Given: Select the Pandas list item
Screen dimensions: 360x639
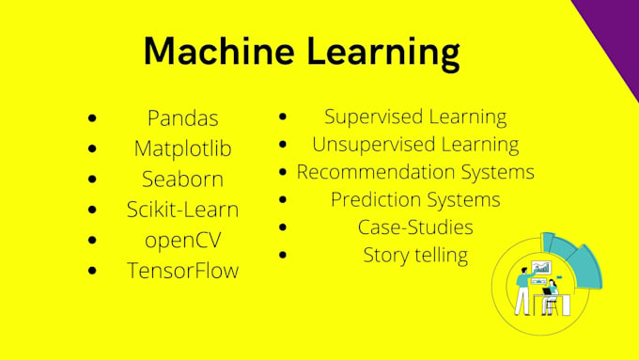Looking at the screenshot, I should [183, 118].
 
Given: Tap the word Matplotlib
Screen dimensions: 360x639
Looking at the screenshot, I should [183, 149].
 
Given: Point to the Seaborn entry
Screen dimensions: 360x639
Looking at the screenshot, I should [183, 179].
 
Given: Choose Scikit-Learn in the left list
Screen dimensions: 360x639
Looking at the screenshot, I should [183, 210].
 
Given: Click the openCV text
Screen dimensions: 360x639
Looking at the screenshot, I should [183, 240].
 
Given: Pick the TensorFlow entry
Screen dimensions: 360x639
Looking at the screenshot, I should [183, 271].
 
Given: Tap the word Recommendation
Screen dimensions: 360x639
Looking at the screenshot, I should [375, 172].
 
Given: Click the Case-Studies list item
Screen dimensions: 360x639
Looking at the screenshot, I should [415, 227].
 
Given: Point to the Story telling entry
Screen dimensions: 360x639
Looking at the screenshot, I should [415, 255].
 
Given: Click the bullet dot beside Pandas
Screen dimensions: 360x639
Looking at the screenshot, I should [91, 119].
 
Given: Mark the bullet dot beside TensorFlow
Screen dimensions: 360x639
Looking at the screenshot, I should [91, 271].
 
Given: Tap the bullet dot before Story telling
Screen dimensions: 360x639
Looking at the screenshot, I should [283, 255].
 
